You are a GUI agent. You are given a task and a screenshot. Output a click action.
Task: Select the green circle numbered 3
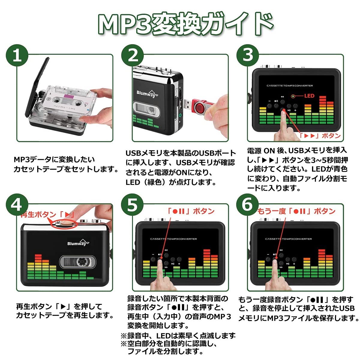pos(248,55)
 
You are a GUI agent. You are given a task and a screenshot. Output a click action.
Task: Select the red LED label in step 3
pos(309,96)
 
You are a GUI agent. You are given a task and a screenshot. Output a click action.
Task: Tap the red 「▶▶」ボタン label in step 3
pos(320,136)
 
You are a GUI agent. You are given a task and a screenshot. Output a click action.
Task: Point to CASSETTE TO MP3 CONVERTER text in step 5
pos(173,239)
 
